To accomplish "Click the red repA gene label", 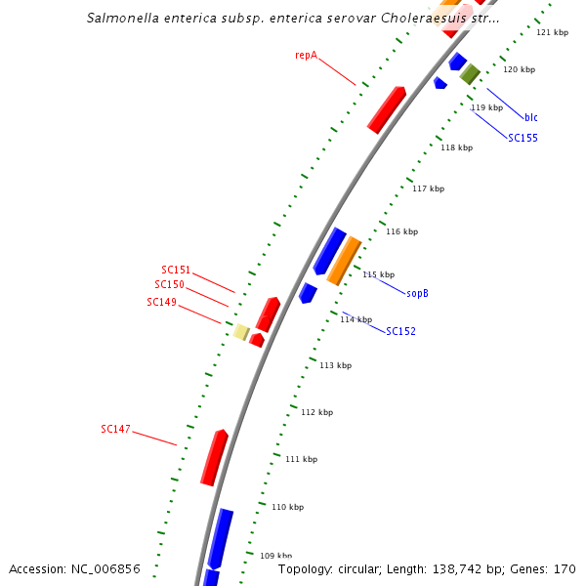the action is tap(306, 56).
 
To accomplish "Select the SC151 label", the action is tap(176, 271).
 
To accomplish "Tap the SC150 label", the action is tap(169, 285).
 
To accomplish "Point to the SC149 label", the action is tap(161, 303).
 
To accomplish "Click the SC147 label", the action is tap(115, 430).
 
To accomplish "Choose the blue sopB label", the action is tap(417, 293).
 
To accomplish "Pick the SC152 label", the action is tap(400, 332).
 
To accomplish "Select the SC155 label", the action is tap(523, 139).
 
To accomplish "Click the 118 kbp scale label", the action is tap(456, 148).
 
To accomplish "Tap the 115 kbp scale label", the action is tap(378, 275).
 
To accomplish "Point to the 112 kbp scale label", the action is tap(316, 412).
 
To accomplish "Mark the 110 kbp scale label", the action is tap(287, 508).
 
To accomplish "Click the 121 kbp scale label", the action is tap(552, 33).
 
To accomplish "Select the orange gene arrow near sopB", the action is tap(344, 261).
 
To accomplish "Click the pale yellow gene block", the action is tap(240, 332).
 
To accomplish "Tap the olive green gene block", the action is tap(470, 73).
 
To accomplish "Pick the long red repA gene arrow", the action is tap(387, 109).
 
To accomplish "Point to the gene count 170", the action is tap(565, 568).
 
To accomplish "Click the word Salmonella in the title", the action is tap(122, 18).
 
